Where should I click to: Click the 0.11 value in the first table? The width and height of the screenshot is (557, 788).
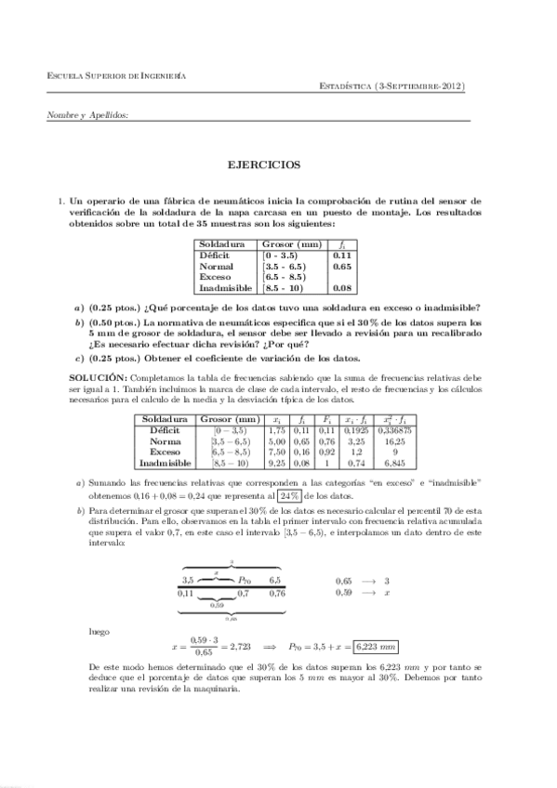[341, 255]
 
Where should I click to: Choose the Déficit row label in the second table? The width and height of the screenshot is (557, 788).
[163, 431]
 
